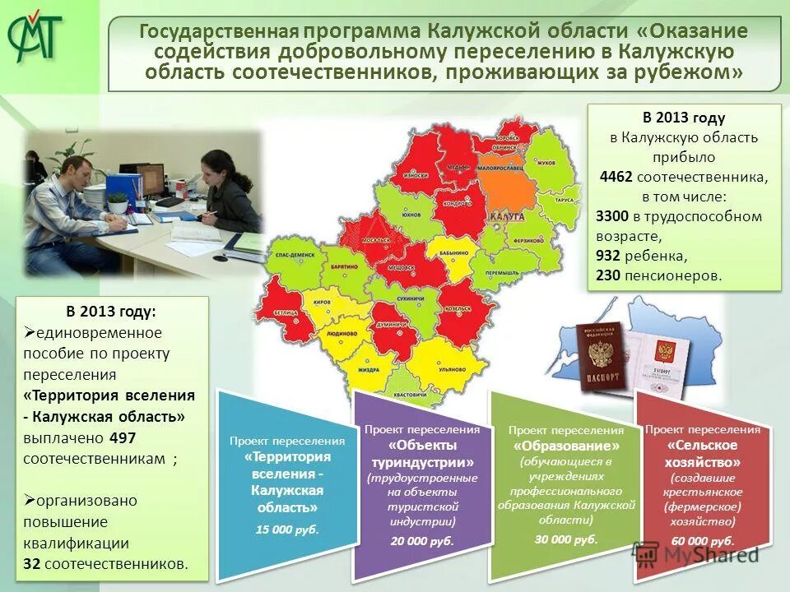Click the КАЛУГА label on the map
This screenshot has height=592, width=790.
pos(507,217)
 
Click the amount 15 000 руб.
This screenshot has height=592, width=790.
pos(286,529)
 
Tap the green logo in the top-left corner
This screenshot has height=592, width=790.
pos(35,37)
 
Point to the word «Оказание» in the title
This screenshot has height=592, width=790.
pos(699,31)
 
